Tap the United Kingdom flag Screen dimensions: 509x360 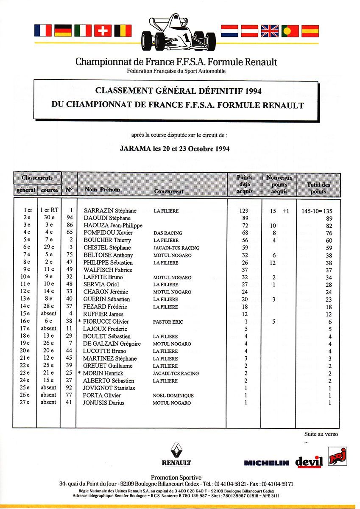pyautogui.click(x=269, y=31)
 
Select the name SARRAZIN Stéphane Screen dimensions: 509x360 pyautogui.click(x=110, y=211)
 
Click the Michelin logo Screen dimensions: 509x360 pyautogui.click(x=266, y=463)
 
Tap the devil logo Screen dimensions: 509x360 pyautogui.click(x=309, y=461)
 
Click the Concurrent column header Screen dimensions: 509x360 pyautogui.click(x=169, y=191)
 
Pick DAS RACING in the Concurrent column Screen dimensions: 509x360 pyautogui.click(x=168, y=233)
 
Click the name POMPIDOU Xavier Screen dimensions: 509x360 pyautogui.click(x=108, y=233)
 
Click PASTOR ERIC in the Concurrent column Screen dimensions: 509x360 pyautogui.click(x=168, y=322)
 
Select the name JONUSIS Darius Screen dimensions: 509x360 pyautogui.click(x=104, y=403)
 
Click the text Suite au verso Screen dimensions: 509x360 pyautogui.click(x=321, y=434)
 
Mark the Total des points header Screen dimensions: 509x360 pyautogui.click(x=318, y=188)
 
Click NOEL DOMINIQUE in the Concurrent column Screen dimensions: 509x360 pyautogui.click(x=173, y=395)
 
